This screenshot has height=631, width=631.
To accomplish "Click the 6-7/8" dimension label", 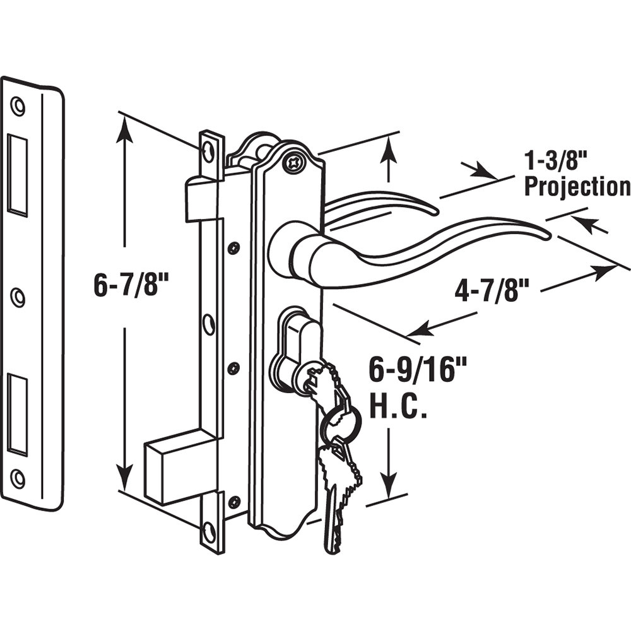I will (133, 286).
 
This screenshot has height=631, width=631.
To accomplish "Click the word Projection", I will (577, 187).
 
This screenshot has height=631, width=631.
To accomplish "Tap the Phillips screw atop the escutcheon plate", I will (293, 162).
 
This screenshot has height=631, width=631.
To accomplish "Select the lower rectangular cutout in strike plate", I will (18, 413).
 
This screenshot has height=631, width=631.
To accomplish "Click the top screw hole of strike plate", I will (18, 106).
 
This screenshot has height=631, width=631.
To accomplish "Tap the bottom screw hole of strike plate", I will (18, 478).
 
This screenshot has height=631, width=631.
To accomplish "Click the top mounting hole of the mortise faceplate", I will (209, 150).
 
